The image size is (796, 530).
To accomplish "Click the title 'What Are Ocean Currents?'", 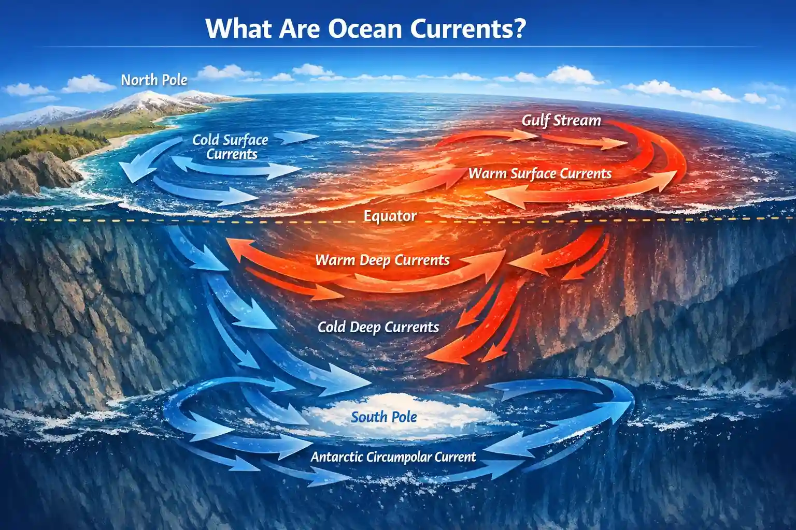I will tap(365, 28).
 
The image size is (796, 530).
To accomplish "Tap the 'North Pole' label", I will tap(154, 80).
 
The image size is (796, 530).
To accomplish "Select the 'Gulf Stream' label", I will tap(561, 121).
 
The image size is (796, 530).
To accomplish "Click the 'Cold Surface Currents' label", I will tap(231, 147).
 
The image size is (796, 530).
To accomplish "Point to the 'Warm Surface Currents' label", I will tap(540, 174).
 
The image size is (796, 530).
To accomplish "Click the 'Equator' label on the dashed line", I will tap(390, 216).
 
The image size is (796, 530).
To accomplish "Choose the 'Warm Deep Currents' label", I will tap(382, 260).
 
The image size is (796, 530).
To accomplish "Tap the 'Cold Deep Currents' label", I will tap(378, 327).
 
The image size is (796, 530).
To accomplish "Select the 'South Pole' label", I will tap(383, 417).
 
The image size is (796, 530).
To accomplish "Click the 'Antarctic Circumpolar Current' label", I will tap(393, 457).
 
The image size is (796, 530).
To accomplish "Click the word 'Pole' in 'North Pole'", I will tap(175, 80).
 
